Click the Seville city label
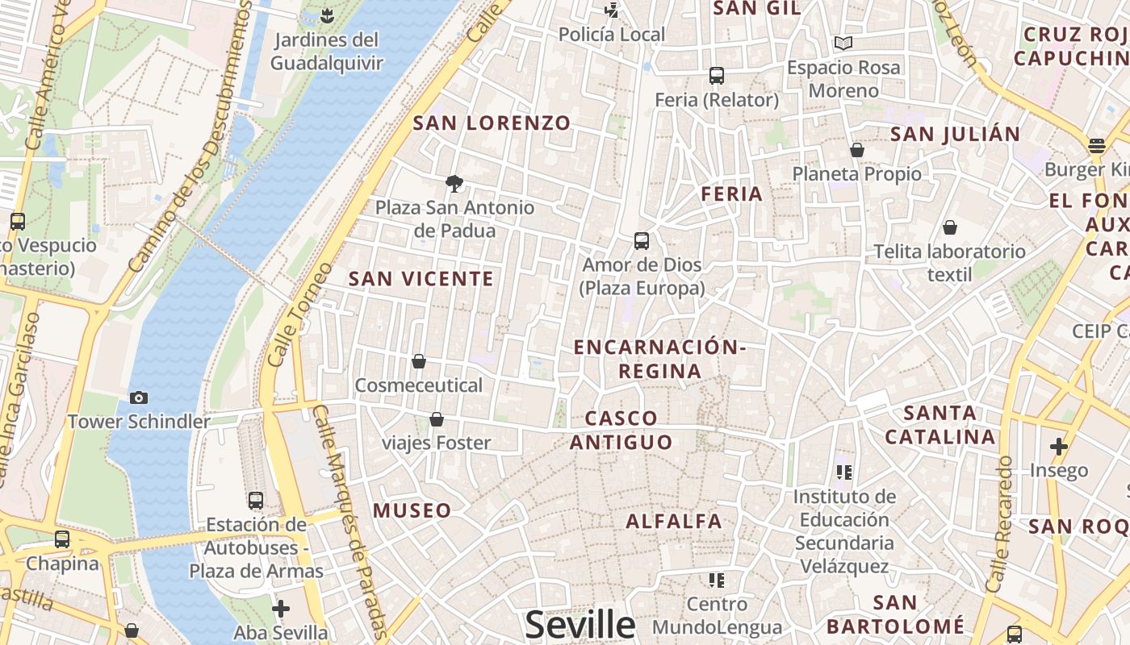580,625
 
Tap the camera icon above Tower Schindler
139,397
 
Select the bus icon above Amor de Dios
642,240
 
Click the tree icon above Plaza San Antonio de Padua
454,184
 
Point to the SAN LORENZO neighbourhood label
492,123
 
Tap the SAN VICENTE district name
421,279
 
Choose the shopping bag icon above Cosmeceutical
419,361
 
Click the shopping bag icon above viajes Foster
437,419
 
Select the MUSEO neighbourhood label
412,510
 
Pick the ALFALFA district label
674,521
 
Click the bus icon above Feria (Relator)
716,76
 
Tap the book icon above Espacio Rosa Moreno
843,43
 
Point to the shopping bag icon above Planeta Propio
857,150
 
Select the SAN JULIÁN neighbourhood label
955,134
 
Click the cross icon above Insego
1059,446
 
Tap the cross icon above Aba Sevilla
281,608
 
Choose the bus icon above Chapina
62,539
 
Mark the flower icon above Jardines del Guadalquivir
326,15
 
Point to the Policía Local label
612,35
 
